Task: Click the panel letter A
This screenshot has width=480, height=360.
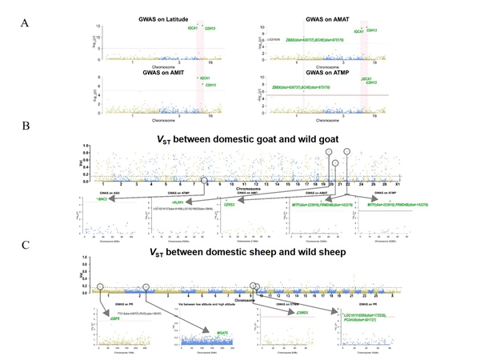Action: [x=25, y=22]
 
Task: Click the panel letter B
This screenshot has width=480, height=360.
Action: [x=25, y=127]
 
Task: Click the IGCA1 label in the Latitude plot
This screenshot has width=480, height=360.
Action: [x=193, y=28]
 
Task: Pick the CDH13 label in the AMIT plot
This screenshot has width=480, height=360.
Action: [x=210, y=85]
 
